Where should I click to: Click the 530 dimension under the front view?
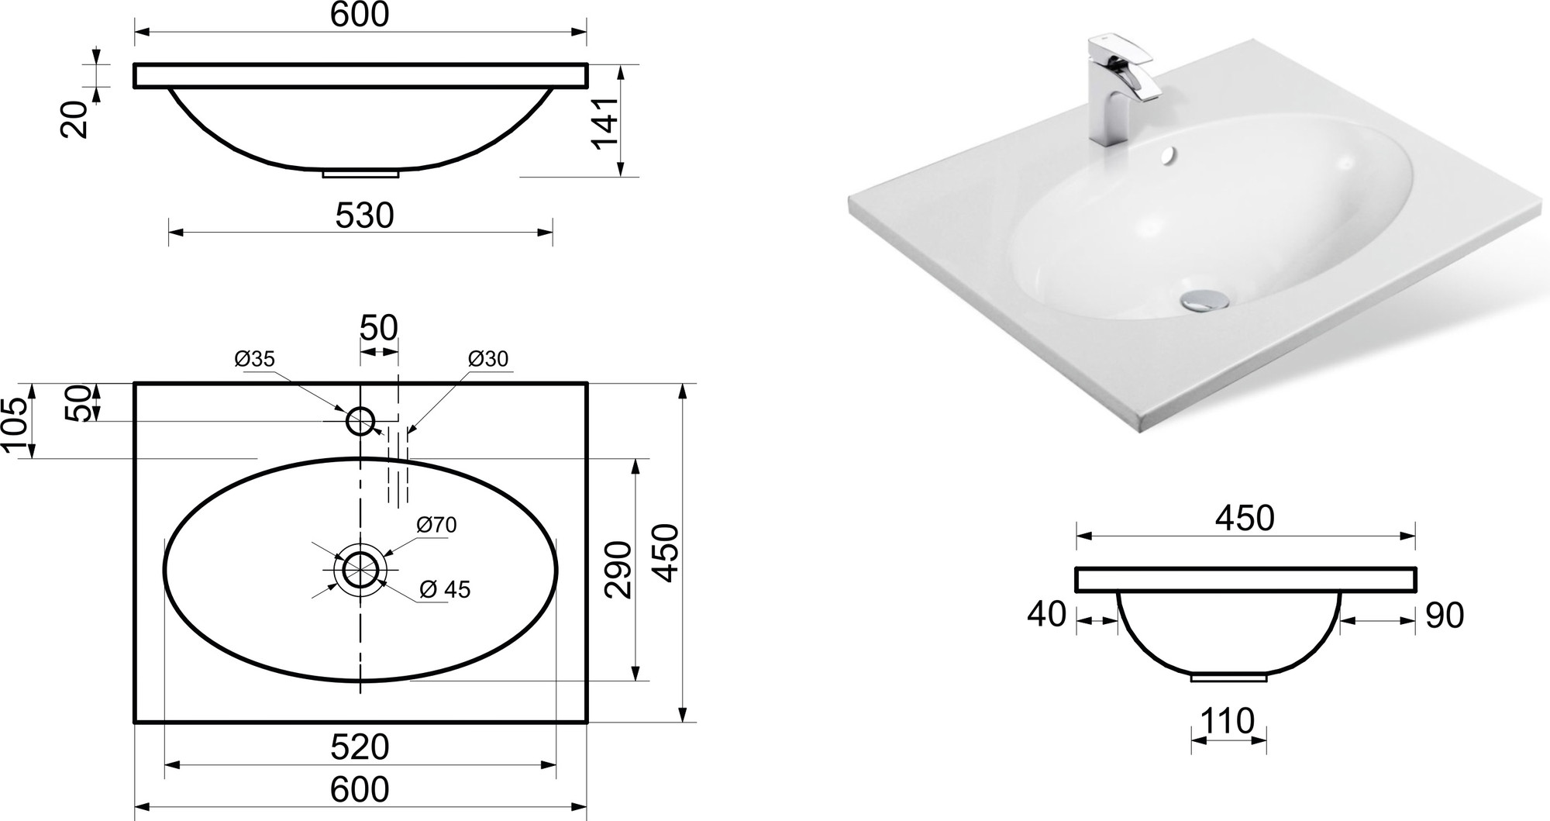[x=364, y=216]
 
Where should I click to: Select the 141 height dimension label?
[x=604, y=122]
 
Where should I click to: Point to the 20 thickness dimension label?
[x=74, y=120]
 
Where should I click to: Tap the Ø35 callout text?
[x=254, y=358]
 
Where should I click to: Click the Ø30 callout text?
[x=488, y=358]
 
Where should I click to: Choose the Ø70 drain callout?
[x=436, y=525]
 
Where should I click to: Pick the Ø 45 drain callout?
[x=445, y=589]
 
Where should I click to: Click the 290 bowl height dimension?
[x=618, y=570]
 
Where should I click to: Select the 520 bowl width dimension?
[x=360, y=747]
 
